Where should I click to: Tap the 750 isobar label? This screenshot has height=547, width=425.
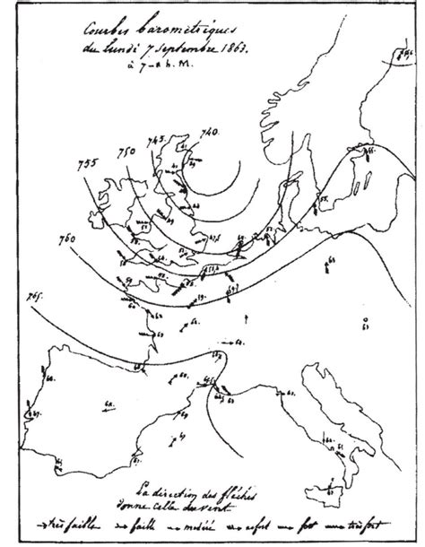126,149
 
